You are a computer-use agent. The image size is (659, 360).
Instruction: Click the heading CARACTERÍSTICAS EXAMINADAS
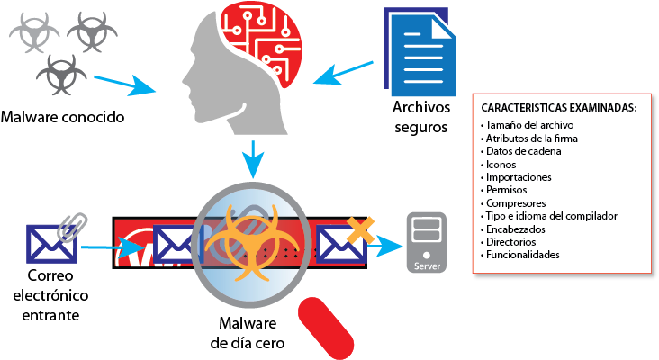pyautogui.click(x=559, y=107)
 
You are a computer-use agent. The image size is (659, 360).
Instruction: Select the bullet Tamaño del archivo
pyautogui.click(x=528, y=124)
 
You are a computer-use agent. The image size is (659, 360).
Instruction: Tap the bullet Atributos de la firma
pyautogui.click(x=531, y=139)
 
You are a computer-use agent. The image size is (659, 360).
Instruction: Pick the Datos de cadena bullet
pyautogui.click(x=523, y=151)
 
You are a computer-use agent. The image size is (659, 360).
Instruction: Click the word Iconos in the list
pyautogui.click(x=501, y=165)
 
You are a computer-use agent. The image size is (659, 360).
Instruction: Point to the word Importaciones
pyautogui.click(x=519, y=177)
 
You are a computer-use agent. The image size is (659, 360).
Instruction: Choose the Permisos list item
pyautogui.click(x=507, y=190)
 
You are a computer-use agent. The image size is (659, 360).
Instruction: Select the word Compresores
pyautogui.click(x=513, y=203)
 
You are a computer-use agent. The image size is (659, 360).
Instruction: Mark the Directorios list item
pyautogui.click(x=511, y=242)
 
